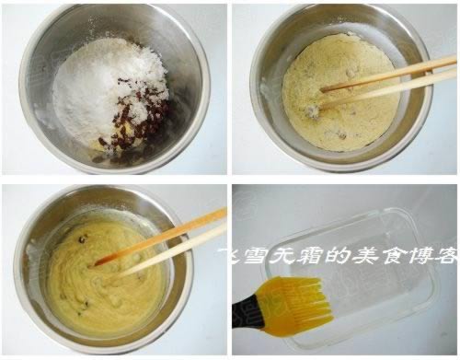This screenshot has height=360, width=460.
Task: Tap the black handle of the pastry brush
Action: pyautogui.click(x=247, y=310)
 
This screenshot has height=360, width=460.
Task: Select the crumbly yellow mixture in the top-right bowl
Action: pyautogui.click(x=340, y=92)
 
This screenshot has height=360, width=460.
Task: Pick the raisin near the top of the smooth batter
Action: pyautogui.click(x=82, y=238)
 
